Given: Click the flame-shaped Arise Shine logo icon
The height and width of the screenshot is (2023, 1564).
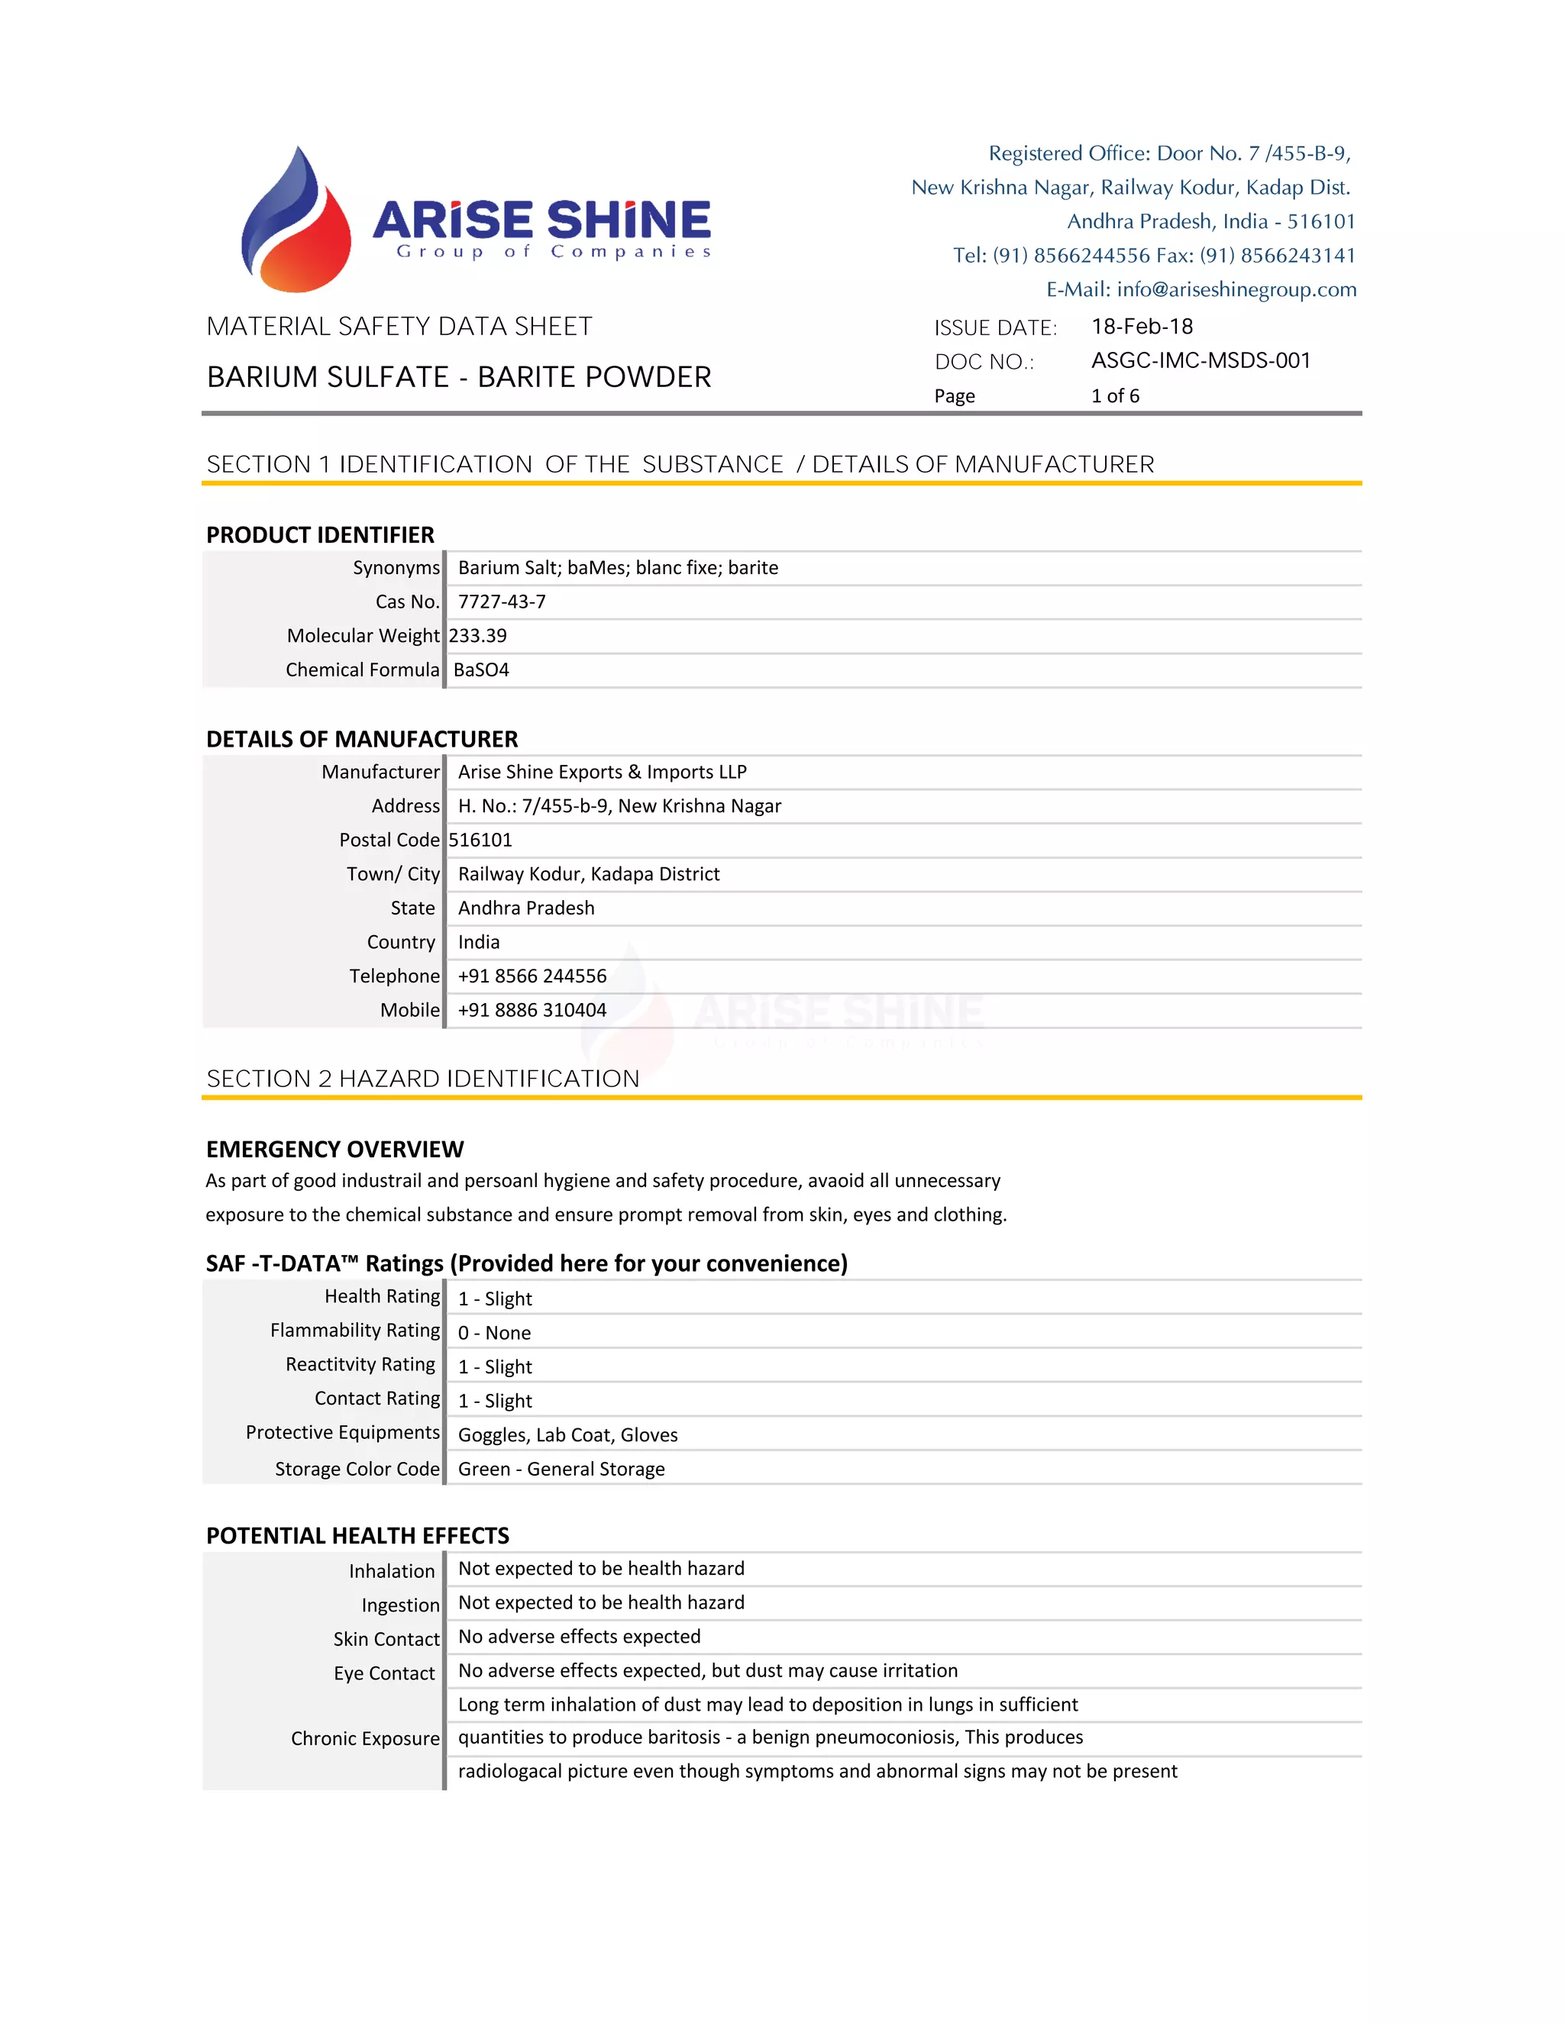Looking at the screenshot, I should tap(296, 222).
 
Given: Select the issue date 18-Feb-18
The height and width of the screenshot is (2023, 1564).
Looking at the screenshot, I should tap(1142, 327).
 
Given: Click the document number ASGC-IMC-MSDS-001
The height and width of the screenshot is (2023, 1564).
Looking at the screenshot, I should tap(1200, 361).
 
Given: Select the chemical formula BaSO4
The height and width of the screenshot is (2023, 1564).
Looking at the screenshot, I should tap(482, 670).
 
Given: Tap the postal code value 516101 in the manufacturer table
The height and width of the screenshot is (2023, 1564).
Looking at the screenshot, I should tap(480, 841).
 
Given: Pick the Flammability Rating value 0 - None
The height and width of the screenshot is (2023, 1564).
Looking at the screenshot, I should tap(494, 1334).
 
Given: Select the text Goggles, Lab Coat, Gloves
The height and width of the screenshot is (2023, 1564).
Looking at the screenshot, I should tap(567, 1436).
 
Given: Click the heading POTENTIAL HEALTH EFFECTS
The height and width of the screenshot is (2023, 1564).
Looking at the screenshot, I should tap(357, 1537).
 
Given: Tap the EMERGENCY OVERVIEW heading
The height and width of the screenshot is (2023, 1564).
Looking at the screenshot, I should tap(334, 1150).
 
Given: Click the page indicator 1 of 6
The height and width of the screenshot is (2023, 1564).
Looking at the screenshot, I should tap(1115, 396).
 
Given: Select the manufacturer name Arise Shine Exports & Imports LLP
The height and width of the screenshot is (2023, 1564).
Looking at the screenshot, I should tap(603, 773).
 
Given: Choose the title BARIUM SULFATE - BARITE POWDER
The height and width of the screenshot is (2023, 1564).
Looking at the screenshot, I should tap(459, 378).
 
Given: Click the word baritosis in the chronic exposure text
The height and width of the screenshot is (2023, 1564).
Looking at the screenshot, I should tap(681, 1737).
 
